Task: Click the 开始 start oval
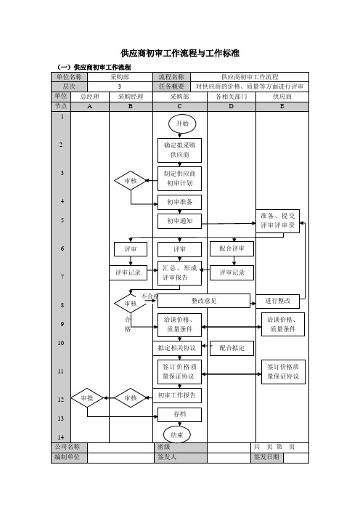click(182, 124)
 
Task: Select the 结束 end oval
click(177, 435)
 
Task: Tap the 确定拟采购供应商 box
click(179, 150)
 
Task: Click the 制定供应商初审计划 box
click(179, 179)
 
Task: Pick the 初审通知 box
click(179, 221)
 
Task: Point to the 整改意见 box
click(204, 301)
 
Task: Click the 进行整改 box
click(277, 301)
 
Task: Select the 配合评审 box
click(232, 248)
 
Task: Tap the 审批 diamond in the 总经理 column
click(87, 398)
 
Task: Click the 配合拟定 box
click(232, 348)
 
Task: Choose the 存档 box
click(179, 415)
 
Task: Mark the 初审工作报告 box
click(177, 395)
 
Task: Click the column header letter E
click(282, 106)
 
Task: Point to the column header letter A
click(90, 106)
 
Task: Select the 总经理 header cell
click(90, 97)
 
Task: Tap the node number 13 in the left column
click(61, 418)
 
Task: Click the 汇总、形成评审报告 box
click(179, 273)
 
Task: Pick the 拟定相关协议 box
click(177, 348)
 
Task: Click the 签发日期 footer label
click(266, 457)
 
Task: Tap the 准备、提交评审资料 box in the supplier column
click(277, 221)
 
